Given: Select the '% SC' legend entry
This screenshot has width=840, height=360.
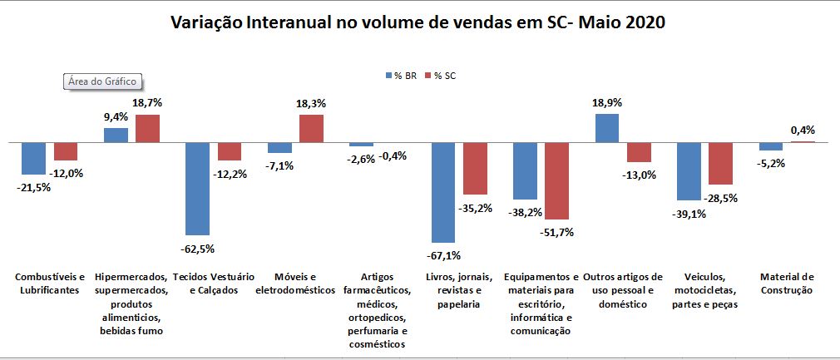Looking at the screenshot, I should click(441, 76).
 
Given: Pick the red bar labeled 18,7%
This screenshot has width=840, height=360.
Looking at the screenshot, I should click(147, 128).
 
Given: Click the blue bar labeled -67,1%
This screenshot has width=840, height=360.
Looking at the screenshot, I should click(442, 192).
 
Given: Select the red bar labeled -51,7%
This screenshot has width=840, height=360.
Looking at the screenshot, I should click(557, 180).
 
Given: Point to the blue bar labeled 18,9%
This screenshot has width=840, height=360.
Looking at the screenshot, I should click(606, 128).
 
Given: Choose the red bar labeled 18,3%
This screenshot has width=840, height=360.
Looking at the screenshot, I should click(311, 128).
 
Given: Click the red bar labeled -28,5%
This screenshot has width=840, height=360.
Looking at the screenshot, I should click(720, 163).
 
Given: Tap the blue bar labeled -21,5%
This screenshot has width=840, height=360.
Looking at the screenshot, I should click(33, 158).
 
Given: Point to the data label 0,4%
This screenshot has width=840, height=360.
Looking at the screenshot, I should click(803, 130).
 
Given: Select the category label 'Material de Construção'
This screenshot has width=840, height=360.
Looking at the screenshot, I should click(787, 284).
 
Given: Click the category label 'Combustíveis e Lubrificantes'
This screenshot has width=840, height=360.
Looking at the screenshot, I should click(51, 284).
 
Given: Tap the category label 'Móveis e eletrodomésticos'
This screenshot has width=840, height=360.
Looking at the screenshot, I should click(295, 284).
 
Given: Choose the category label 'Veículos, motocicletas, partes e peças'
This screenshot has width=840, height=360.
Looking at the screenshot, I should click(705, 290).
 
